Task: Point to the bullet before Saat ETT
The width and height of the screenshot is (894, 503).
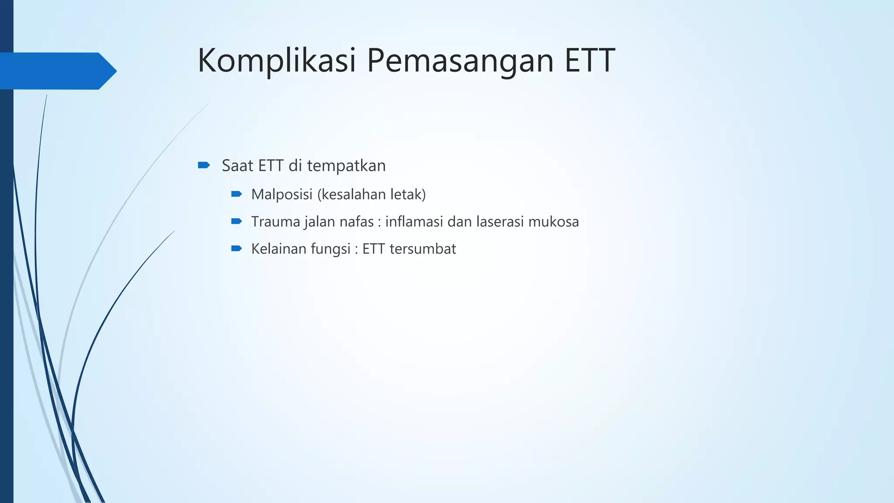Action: [204, 165]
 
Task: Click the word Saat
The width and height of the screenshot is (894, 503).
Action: [237, 166]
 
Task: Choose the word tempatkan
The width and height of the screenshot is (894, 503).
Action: [346, 166]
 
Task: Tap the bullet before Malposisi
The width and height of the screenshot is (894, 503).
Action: [237, 194]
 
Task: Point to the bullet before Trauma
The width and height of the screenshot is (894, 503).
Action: [237, 221]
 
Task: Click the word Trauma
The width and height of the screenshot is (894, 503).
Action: [275, 222]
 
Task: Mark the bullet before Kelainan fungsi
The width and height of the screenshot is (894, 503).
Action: [237, 248]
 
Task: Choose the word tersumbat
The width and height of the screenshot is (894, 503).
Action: [423, 249]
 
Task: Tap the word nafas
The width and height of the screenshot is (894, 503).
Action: [357, 222]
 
